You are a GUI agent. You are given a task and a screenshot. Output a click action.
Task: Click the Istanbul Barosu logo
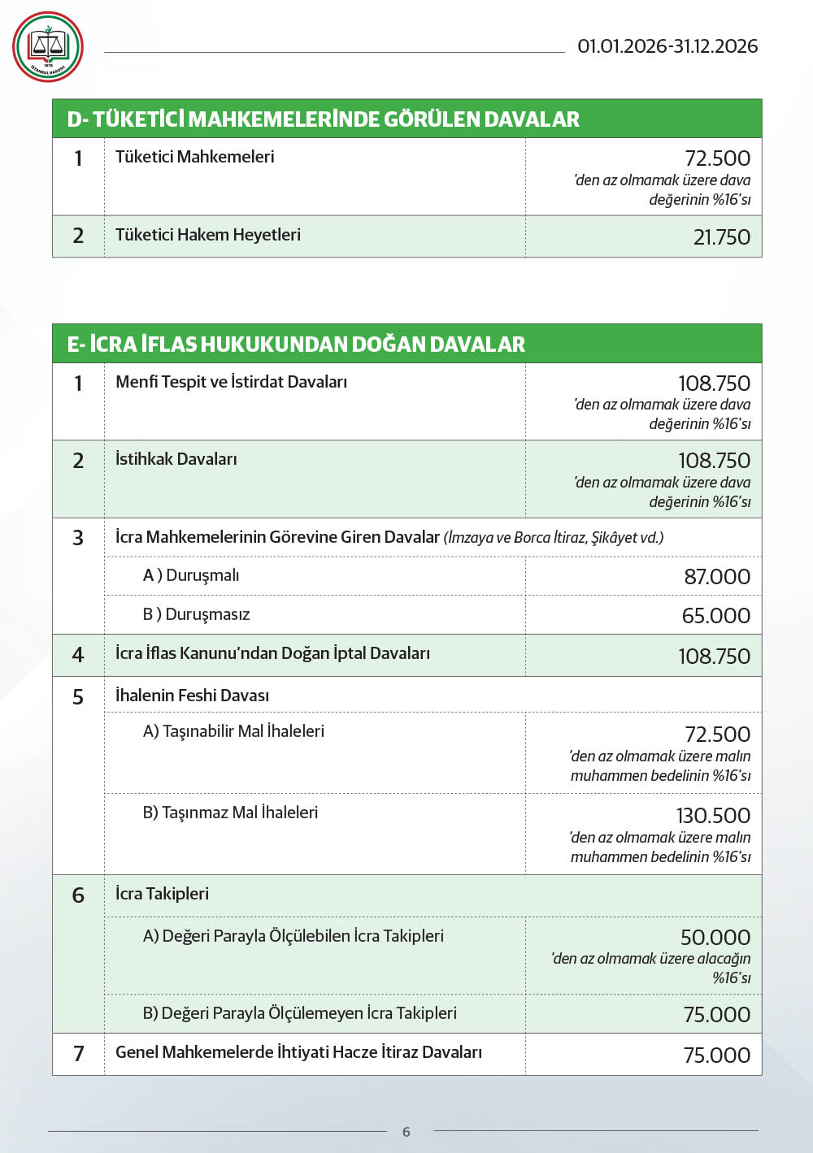[x=48, y=47]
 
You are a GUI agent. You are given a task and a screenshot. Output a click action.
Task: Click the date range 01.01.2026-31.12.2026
[x=667, y=46]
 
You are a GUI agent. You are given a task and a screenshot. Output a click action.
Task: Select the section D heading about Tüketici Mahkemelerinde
[x=323, y=119]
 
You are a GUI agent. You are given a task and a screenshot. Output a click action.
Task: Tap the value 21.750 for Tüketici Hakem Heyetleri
[x=721, y=237]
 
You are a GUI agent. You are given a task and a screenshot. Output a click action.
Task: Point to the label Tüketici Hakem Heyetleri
[x=208, y=235]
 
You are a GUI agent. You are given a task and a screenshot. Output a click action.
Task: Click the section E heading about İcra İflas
[x=296, y=345]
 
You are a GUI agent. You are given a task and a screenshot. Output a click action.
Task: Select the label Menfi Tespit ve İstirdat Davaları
[x=231, y=382]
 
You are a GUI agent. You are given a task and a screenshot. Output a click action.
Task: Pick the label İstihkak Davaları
[x=176, y=459]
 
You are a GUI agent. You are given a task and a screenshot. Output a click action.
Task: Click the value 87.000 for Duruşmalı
[x=717, y=577]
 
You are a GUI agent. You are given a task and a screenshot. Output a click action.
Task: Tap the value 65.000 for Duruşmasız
[x=715, y=616]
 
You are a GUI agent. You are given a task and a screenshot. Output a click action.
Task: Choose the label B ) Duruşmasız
[x=197, y=614]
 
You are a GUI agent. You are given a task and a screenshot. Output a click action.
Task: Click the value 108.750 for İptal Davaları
[x=714, y=657]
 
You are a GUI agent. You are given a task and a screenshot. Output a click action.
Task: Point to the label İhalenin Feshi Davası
[x=192, y=696]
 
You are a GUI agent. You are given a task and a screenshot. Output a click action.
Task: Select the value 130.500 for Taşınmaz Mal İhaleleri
[x=713, y=816]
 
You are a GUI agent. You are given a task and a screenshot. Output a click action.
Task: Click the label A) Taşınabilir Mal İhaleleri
[x=233, y=731]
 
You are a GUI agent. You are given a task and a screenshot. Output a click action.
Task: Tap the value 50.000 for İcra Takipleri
[x=715, y=938]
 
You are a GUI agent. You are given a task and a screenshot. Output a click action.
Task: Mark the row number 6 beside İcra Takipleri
[x=78, y=895]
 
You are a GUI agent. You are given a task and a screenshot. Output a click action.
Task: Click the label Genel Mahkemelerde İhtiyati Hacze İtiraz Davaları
[x=298, y=1052]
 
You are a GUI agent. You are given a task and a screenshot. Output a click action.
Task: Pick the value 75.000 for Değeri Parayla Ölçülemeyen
[x=716, y=1015]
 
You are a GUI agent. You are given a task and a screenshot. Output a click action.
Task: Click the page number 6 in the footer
[x=406, y=1132]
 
